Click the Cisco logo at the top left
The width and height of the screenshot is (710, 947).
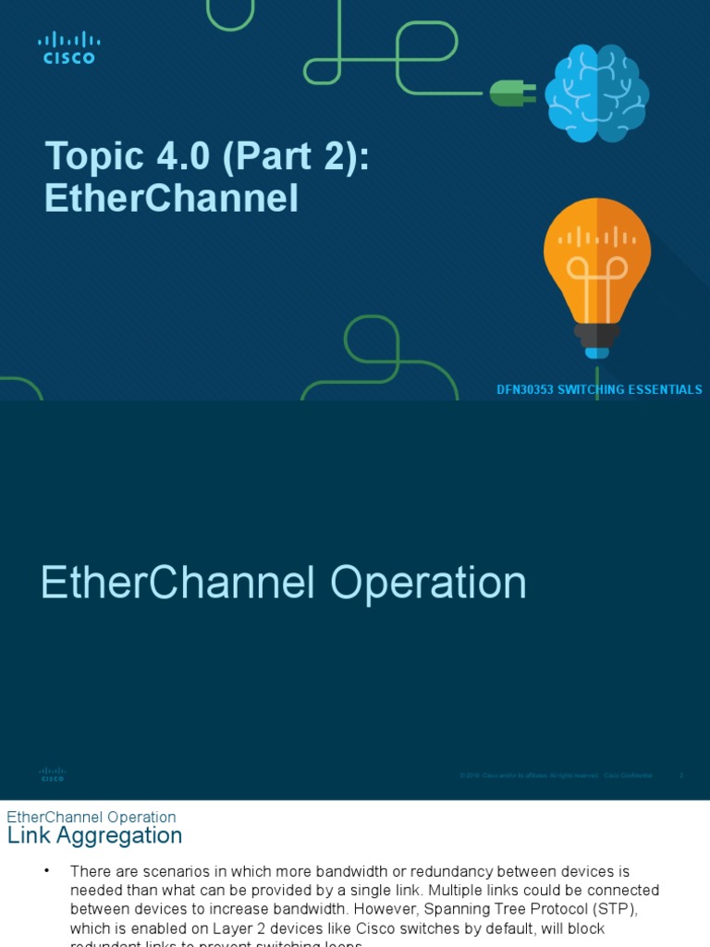[x=68, y=47]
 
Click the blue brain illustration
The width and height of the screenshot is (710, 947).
[x=596, y=92]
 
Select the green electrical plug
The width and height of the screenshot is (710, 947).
[x=511, y=92]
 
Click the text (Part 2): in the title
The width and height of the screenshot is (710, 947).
[x=296, y=157]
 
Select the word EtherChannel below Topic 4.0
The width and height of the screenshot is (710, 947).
[x=171, y=198]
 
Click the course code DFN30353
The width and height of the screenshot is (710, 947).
[x=526, y=390]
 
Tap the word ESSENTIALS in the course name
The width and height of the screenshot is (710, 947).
[x=665, y=390]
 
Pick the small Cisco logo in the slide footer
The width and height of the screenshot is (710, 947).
[x=53, y=775]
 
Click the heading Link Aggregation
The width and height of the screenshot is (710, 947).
[x=94, y=836]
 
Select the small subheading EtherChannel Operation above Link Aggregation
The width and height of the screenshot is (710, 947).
[x=92, y=818]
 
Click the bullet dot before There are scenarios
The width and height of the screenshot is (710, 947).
[x=46, y=871]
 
